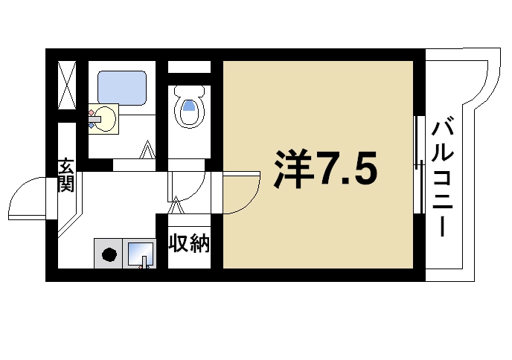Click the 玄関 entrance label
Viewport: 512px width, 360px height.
click(66, 176)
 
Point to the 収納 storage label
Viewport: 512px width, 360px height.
click(189, 243)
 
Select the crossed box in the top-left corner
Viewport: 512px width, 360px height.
click(67, 85)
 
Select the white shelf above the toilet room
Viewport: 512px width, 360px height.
click(189, 68)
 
